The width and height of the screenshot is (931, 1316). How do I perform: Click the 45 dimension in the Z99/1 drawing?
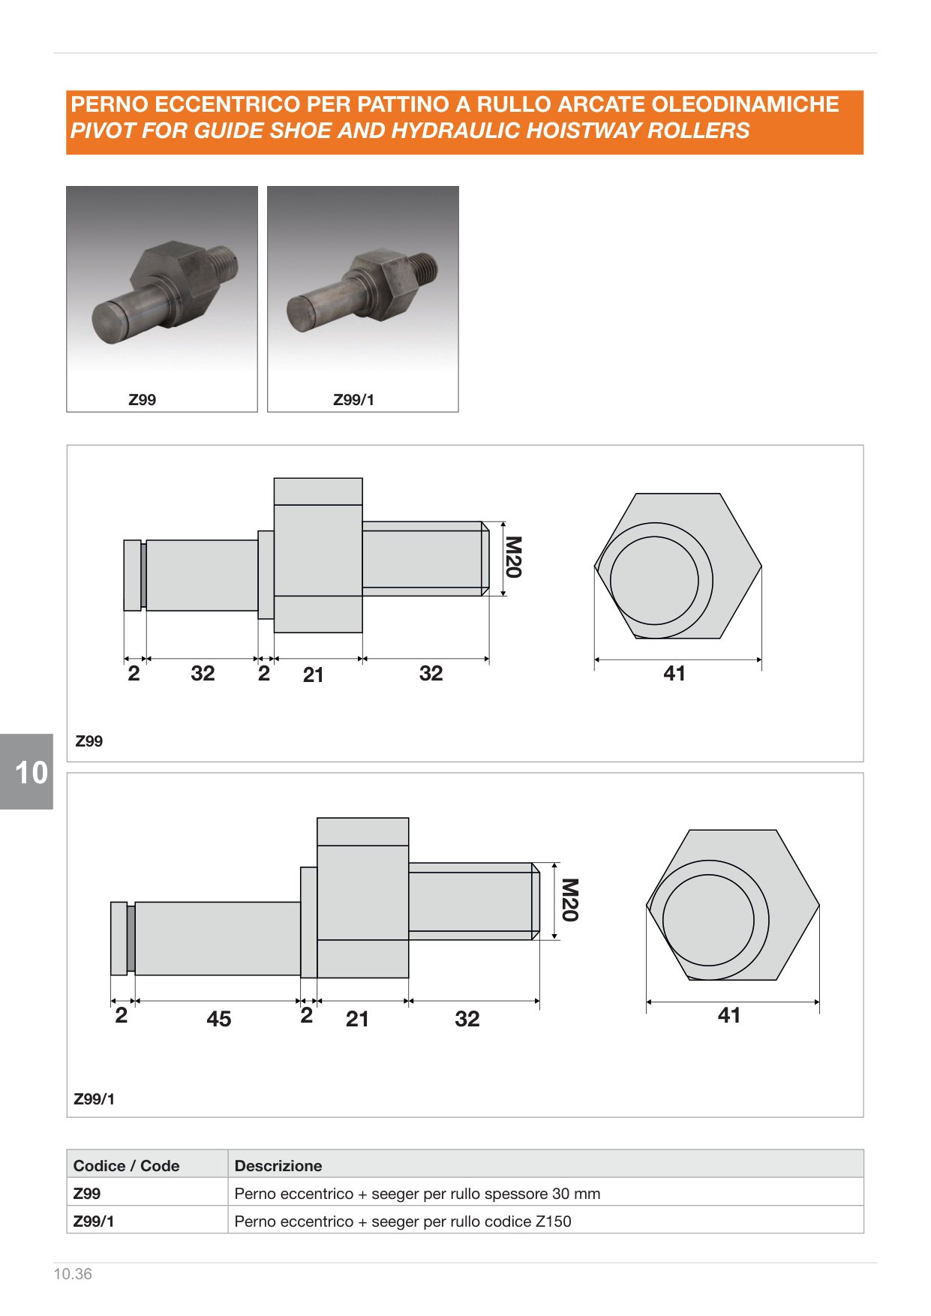tap(219, 1019)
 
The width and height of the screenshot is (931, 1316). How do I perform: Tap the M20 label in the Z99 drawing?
tap(513, 557)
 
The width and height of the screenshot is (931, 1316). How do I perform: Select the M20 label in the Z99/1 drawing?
tap(570, 900)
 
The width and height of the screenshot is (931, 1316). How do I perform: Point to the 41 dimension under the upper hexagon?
tap(674, 673)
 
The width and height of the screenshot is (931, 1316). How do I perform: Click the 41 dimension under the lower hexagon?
tap(729, 1015)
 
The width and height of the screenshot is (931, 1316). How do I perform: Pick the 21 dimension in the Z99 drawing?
tap(314, 675)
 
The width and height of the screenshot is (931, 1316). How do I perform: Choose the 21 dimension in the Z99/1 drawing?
tap(357, 1019)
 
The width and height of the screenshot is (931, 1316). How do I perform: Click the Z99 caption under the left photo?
tap(142, 400)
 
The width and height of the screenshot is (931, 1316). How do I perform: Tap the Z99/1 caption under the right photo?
tap(353, 400)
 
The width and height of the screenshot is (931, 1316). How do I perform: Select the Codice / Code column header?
tap(126, 1166)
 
